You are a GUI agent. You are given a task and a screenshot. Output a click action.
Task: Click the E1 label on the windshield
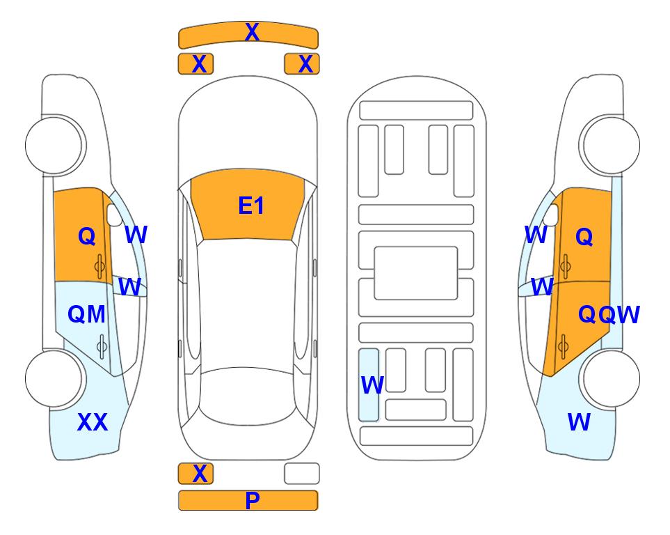(251, 206)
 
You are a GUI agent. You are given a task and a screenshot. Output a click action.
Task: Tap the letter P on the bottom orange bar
(252, 500)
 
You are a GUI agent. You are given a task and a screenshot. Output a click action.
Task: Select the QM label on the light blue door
(86, 315)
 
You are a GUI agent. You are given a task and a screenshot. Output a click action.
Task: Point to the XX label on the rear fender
(93, 422)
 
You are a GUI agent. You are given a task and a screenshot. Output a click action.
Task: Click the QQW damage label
(609, 315)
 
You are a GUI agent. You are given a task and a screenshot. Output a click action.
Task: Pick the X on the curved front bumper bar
(252, 32)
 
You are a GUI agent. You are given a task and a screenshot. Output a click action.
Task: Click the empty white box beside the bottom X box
(302, 474)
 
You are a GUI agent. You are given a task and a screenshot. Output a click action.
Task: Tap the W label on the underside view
(372, 385)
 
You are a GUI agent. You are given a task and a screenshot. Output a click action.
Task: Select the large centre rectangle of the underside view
(416, 273)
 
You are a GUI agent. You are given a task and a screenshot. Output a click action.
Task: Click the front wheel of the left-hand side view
(54, 145)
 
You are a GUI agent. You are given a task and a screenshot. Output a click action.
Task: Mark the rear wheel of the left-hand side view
(54, 378)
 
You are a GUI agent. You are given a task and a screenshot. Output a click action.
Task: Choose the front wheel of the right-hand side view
(611, 145)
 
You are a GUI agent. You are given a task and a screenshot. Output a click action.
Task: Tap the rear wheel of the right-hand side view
(611, 378)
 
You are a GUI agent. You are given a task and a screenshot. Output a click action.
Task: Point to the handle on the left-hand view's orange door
(100, 266)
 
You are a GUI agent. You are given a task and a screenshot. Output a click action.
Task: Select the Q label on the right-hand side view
(584, 236)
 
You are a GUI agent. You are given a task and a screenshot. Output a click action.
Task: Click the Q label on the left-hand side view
(87, 236)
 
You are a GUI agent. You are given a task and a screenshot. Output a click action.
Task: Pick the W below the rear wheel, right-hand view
(579, 422)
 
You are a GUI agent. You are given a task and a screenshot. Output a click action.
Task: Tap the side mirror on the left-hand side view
(115, 215)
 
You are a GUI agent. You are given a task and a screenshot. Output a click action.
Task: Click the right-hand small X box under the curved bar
(302, 64)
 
